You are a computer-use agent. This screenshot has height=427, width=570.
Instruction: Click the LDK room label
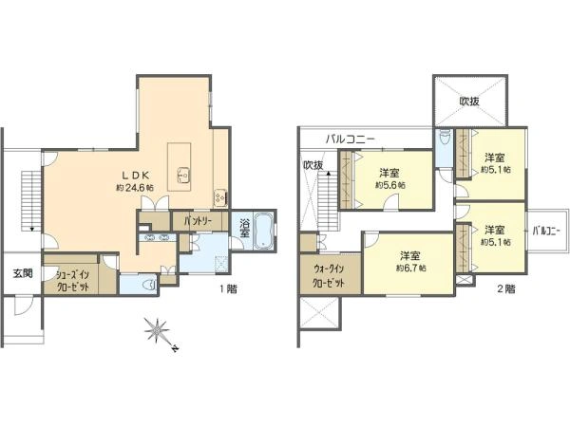point(135,176)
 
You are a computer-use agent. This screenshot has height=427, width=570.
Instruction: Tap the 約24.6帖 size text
point(135,188)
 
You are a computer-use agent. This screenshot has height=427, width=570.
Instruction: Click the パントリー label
point(199,221)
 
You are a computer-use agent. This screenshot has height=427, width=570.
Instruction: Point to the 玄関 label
point(23,273)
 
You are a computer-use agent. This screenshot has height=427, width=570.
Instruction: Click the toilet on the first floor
point(149,284)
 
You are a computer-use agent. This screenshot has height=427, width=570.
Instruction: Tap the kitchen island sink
point(183,176)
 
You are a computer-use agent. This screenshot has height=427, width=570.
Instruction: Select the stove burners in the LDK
point(219,196)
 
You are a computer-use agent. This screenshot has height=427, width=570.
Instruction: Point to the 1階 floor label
point(229,289)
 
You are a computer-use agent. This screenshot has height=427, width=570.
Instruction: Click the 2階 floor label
point(506,289)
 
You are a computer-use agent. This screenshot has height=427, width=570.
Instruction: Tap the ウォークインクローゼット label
point(330,276)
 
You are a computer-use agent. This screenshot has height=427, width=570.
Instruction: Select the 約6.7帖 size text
point(410,269)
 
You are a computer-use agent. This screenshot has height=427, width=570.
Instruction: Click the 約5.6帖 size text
point(390,185)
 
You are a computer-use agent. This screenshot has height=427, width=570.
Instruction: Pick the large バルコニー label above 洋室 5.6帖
point(351,139)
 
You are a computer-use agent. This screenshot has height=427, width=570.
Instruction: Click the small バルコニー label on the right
point(546,231)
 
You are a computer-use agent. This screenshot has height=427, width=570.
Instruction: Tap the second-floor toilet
point(444,137)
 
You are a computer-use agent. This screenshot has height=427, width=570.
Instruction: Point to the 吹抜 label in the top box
point(470,102)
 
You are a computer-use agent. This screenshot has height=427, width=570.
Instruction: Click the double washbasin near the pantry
point(157,238)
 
